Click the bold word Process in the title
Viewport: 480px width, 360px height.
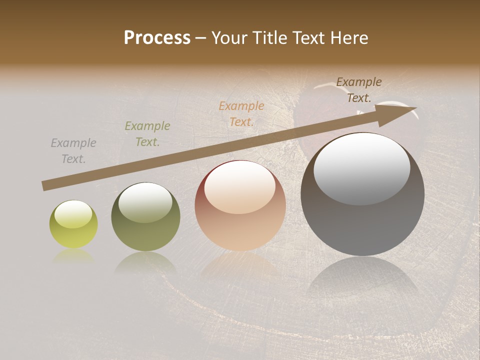coord(157,38)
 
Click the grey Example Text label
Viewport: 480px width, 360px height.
coord(73,151)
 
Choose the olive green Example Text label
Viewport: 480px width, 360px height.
coord(147,134)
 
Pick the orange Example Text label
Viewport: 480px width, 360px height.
coord(241,114)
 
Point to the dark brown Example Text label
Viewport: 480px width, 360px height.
coord(359,90)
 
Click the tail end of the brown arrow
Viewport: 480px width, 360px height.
coord(44,186)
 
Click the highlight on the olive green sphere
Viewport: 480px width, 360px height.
coord(145,202)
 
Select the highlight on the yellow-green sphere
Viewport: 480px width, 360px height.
coord(73,214)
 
